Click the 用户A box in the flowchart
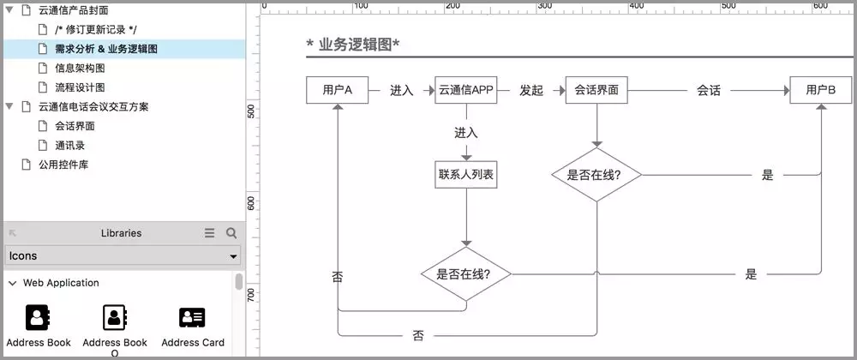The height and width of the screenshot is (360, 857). pos(338,90)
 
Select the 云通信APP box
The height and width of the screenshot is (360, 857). pos(465,90)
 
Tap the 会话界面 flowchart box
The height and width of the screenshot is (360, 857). pos(596,90)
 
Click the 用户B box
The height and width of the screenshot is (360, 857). pos(820,90)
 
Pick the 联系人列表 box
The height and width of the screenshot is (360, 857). pos(466,175)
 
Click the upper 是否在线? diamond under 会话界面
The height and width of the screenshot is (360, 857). pos(596,175)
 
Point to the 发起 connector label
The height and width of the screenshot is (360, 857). pos(531,90)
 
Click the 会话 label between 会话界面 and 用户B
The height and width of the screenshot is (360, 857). pos(709,90)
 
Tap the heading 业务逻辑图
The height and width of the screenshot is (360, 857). pos(354,45)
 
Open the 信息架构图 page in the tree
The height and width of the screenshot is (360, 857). pos(80,68)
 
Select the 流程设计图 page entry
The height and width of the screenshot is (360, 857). pos(80,87)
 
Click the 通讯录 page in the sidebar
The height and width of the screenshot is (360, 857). pos(69,145)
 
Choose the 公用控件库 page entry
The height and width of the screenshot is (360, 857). pos(63,165)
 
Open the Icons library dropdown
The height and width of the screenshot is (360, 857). pos(123,256)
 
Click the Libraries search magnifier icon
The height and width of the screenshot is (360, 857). pos(231,233)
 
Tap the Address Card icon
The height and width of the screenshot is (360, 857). pos(192,319)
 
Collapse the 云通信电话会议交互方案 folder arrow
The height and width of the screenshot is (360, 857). pos(9,106)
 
